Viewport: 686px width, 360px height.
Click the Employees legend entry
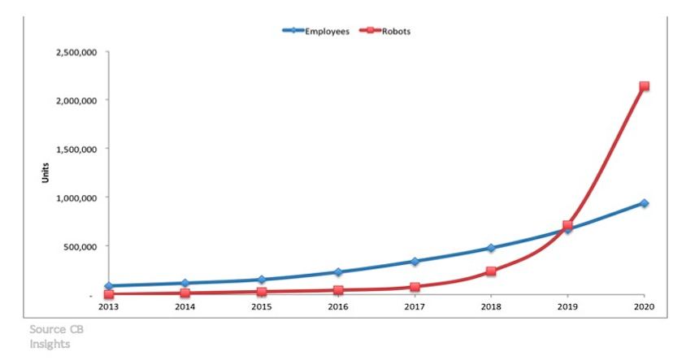[x=316, y=31]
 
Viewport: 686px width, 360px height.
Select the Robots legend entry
[x=385, y=31]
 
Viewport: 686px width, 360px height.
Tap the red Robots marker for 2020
[x=644, y=86]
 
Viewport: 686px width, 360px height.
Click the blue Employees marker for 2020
[x=644, y=203]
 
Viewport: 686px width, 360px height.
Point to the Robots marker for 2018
[x=491, y=271]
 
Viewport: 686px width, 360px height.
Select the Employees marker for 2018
[x=491, y=248]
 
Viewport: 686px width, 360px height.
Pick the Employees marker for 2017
[x=415, y=262]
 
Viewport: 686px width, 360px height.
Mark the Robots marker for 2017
[x=415, y=287]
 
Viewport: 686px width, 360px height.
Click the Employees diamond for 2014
[x=185, y=283]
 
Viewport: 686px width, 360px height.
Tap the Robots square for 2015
[x=262, y=292]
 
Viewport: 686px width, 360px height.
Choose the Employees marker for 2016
[x=338, y=272]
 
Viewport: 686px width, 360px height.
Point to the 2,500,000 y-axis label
[x=76, y=53]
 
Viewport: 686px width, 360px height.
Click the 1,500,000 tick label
[x=76, y=150]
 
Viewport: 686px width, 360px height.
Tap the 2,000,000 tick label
[x=76, y=101]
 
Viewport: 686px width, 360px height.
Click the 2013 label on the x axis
[x=108, y=306]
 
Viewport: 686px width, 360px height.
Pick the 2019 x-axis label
[x=567, y=306]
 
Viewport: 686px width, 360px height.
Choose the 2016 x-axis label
[x=338, y=306]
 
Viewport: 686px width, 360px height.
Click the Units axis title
[x=46, y=173]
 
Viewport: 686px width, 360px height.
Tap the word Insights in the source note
[x=50, y=345]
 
